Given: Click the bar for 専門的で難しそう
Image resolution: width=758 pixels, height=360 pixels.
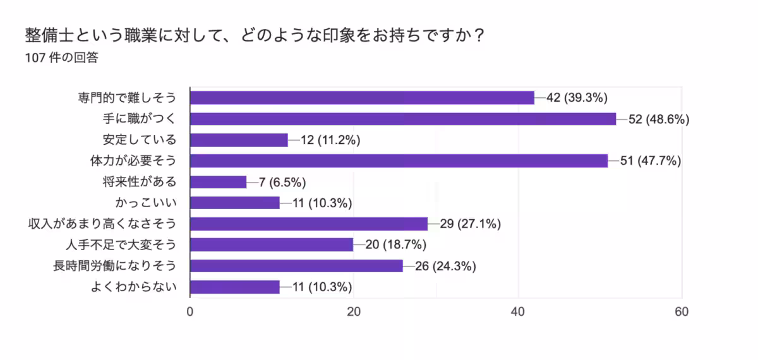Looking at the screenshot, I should [362, 97].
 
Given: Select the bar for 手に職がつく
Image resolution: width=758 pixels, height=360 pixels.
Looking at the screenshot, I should [403, 119].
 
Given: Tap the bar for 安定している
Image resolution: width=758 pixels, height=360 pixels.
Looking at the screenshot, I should [239, 140].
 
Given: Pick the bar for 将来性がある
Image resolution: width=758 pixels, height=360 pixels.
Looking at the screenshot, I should [218, 182].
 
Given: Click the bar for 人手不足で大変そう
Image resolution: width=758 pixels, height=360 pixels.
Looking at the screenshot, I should [272, 245].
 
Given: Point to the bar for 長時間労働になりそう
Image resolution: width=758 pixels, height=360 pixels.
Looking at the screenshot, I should [296, 266].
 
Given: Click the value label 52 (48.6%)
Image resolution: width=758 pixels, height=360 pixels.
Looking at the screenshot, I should [658, 119].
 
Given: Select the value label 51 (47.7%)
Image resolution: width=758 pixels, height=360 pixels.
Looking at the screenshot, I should [650, 161].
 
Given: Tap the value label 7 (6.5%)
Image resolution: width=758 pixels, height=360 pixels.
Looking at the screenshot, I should [282, 182].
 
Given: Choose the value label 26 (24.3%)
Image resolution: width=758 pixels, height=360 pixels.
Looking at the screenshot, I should [445, 266].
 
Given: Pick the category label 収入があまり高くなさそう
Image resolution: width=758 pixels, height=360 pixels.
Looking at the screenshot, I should [102, 224].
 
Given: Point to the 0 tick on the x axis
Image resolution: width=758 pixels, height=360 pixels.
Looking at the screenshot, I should [190, 311].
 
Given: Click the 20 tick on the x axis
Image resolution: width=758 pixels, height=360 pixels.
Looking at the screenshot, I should [354, 311].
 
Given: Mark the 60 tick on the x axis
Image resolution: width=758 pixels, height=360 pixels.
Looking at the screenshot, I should [682, 311].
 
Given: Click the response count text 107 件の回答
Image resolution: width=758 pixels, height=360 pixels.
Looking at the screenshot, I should [61, 58].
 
